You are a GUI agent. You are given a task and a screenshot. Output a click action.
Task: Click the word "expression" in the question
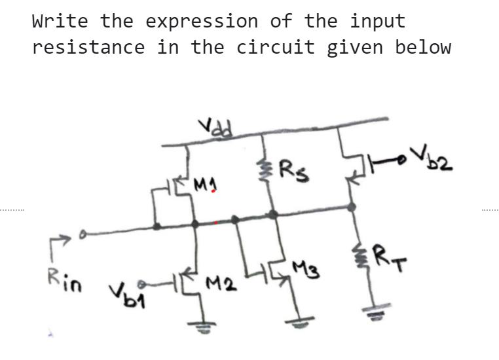click(x=202, y=20)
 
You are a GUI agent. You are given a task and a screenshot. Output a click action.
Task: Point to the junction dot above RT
click(x=351, y=207)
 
